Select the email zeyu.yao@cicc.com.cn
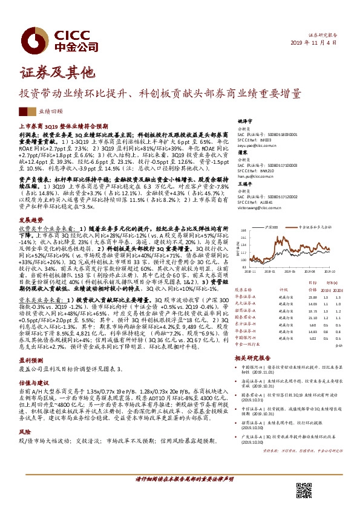click(258, 146)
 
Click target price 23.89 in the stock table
click(312, 297)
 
